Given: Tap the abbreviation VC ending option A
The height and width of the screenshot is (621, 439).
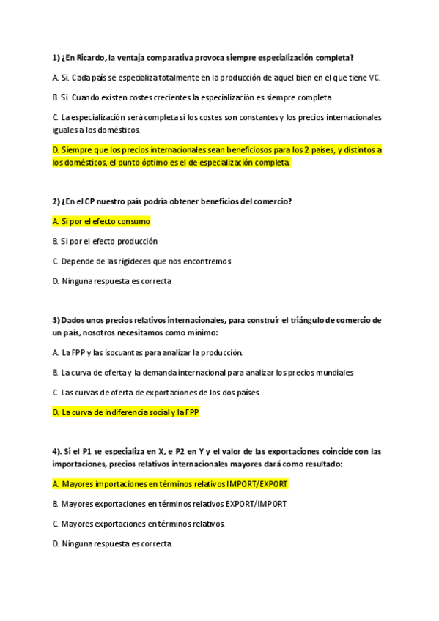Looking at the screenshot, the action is [x=375, y=77].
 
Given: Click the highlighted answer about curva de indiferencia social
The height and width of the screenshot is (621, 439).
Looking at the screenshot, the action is [x=125, y=412].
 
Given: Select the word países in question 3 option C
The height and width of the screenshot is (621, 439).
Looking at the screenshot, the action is [x=245, y=393].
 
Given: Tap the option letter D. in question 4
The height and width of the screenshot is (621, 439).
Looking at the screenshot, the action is [x=56, y=543].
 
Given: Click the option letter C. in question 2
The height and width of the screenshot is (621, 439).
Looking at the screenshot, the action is [x=56, y=261].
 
